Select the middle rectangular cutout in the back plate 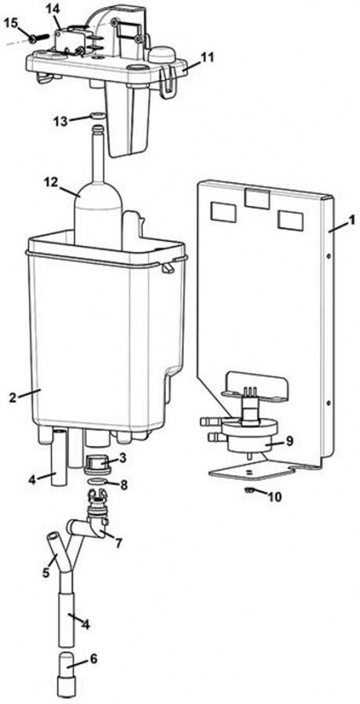[254, 198]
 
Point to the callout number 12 [50, 182]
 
